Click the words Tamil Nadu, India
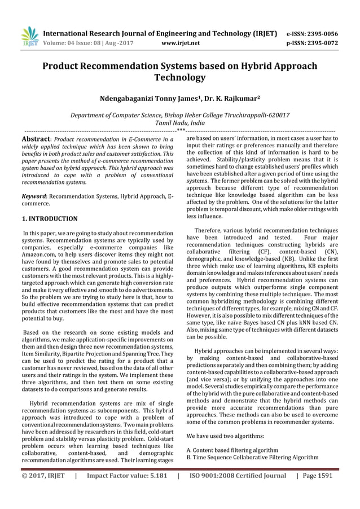point(180,122)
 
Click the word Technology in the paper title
point(180,77)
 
